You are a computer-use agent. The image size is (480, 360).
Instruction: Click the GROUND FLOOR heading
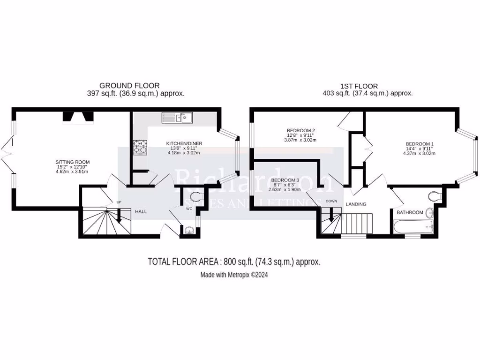[x=129, y=86]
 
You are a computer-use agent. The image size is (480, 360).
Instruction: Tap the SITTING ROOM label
[x=72, y=162]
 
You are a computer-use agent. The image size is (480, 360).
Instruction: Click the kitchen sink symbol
[x=177, y=117]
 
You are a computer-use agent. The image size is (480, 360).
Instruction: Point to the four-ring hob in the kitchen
[x=140, y=148]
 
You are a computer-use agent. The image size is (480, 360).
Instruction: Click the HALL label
[x=141, y=212]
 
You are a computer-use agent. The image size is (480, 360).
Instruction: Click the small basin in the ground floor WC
[x=188, y=230]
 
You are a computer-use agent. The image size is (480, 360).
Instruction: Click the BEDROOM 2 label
[x=300, y=130]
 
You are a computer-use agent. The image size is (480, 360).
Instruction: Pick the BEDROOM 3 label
[x=285, y=180]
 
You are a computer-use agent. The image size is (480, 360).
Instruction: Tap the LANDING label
[x=355, y=204]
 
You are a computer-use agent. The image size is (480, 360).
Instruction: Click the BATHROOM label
[x=410, y=212]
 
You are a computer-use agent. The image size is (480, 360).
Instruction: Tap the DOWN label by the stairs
[x=331, y=202]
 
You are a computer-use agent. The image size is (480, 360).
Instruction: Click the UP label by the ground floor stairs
[x=119, y=202]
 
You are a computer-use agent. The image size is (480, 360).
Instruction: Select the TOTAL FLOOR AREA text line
[x=234, y=262]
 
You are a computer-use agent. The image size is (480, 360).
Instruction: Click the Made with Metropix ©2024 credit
[x=234, y=275]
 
